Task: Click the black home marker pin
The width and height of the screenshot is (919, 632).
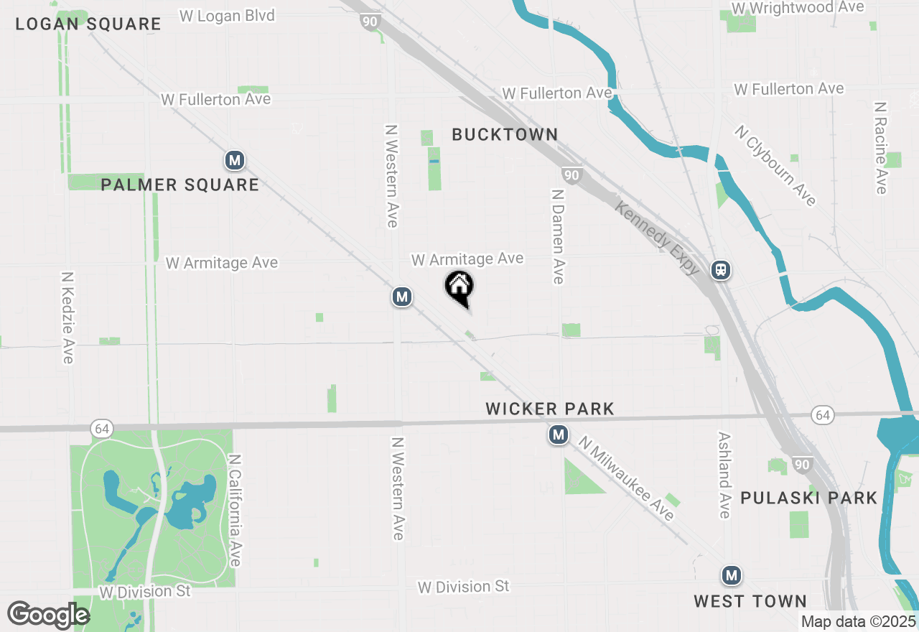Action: point(459,287)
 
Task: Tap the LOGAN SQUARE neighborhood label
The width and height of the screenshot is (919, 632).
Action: point(88,24)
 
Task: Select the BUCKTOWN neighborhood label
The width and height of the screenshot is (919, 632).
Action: point(505,134)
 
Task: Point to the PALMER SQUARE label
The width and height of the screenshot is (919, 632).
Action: point(179,185)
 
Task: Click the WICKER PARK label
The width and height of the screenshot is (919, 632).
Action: point(550,409)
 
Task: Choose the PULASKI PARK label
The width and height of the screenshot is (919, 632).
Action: point(808,498)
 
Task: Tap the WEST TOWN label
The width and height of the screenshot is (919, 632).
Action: point(750,601)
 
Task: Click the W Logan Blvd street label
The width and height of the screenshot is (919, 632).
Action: point(227,16)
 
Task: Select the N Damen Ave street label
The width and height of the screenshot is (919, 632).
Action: point(558,236)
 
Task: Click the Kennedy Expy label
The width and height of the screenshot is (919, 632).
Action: point(657,238)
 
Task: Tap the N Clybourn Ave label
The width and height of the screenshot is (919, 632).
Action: point(775,166)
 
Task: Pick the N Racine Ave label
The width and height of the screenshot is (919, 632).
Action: point(881,147)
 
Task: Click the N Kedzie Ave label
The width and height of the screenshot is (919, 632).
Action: point(68,317)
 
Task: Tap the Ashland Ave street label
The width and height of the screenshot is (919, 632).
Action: point(724,475)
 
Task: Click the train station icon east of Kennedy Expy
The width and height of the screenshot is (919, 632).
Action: point(721,270)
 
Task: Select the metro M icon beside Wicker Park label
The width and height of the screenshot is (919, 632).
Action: point(558,434)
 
